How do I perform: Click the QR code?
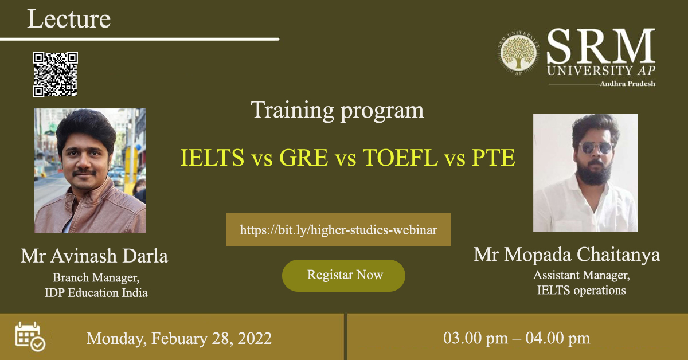point(55,75)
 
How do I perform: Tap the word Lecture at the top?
point(69,19)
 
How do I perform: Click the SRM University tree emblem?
point(518,53)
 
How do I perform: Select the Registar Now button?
point(343,276)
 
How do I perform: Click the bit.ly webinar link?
point(338,229)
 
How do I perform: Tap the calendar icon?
point(30,336)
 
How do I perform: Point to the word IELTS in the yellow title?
point(212,158)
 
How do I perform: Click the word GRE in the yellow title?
point(303,158)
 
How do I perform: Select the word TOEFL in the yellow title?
point(400,158)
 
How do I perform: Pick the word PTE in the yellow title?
point(493,158)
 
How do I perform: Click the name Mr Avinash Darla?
point(94,256)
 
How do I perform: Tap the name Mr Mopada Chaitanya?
point(566,255)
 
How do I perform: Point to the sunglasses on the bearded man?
point(596,148)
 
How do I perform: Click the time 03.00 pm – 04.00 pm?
point(517,338)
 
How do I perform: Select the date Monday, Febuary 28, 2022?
point(179,339)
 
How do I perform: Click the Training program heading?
point(337,110)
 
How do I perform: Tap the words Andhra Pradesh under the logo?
point(627,84)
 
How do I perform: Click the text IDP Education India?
point(96,293)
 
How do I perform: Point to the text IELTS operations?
point(581,290)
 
